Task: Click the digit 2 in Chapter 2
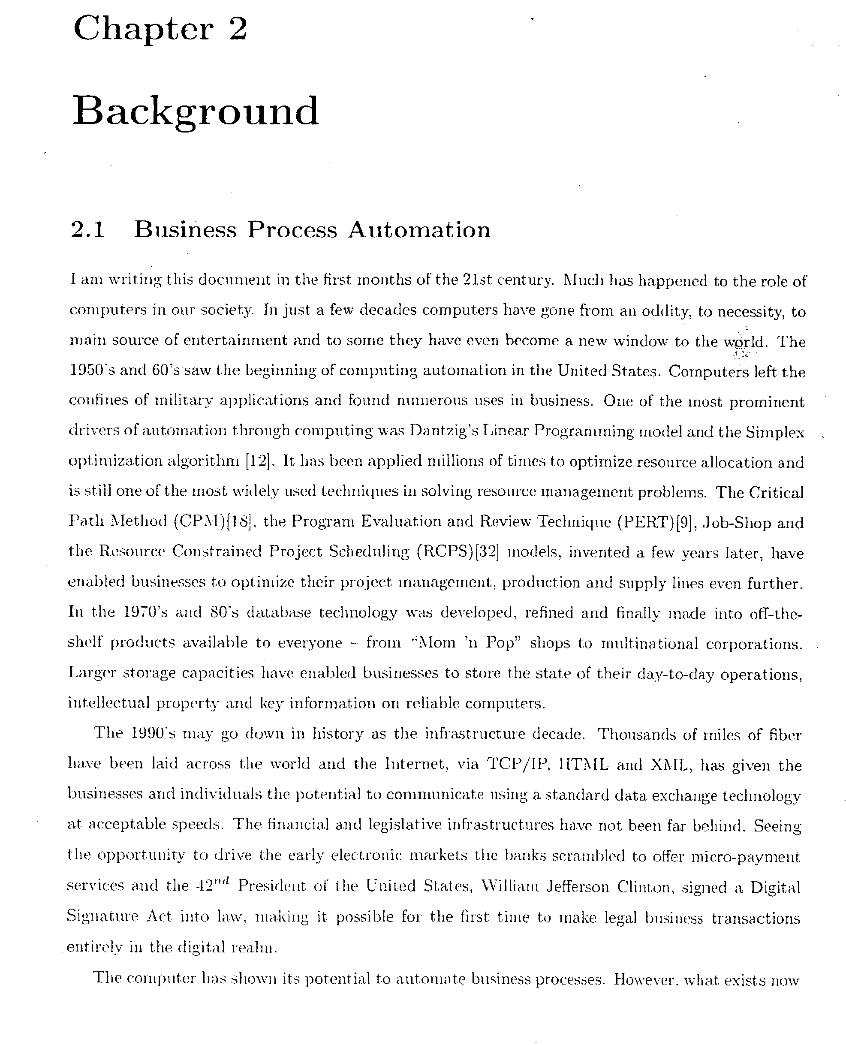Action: click(237, 28)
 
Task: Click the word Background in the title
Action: click(196, 111)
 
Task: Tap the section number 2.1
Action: click(88, 229)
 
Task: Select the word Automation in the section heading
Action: click(419, 229)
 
